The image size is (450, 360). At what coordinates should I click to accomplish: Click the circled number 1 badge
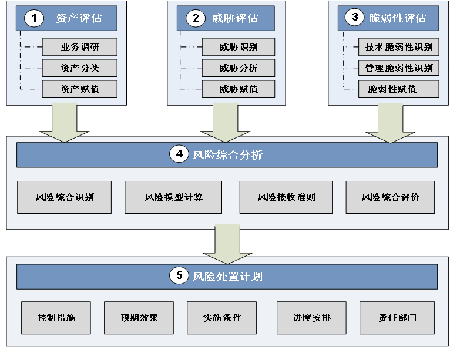(x=34, y=18)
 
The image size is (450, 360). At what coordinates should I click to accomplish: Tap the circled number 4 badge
(x=179, y=154)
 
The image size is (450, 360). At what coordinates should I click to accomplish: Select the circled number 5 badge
(x=179, y=275)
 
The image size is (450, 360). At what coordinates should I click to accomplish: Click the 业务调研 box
(x=79, y=47)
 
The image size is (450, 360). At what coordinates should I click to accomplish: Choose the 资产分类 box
(x=79, y=68)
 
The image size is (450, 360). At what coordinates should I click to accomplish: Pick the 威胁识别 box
(x=239, y=47)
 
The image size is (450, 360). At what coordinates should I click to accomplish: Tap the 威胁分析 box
(x=239, y=68)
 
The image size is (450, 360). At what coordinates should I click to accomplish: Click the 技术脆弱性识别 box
(x=399, y=47)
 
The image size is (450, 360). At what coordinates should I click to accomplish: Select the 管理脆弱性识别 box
(x=399, y=68)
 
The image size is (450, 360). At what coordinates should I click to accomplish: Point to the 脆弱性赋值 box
(x=399, y=89)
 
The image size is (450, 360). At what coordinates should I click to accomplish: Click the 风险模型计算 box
(x=173, y=197)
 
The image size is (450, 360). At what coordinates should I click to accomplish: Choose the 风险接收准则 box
(x=286, y=197)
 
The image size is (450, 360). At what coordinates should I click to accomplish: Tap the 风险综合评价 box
(x=390, y=197)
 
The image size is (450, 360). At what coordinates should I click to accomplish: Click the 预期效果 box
(x=139, y=318)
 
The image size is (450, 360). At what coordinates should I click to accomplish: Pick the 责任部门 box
(x=398, y=318)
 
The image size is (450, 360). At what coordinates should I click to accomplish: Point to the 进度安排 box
(x=312, y=318)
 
